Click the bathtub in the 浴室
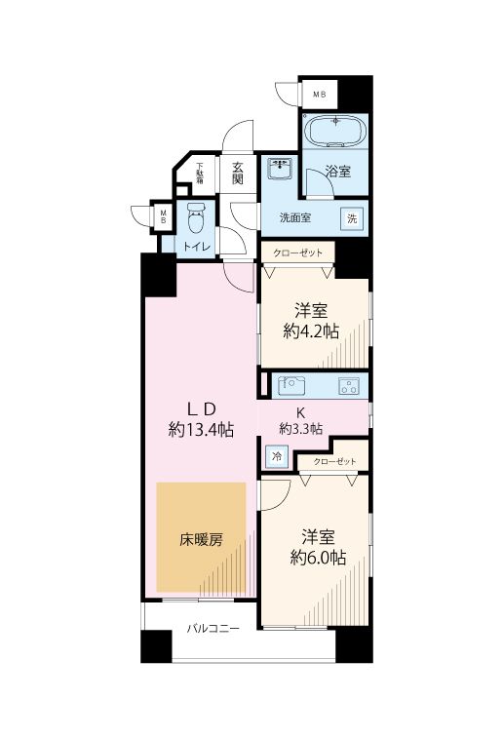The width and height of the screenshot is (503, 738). click(x=333, y=132)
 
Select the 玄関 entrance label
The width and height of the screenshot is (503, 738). click(x=238, y=173)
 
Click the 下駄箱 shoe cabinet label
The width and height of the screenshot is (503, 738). click(x=200, y=173)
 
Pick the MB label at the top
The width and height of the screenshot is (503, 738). click(x=319, y=94)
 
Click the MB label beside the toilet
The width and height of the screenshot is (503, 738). click(x=164, y=216)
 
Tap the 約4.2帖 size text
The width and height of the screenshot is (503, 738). click(x=312, y=331)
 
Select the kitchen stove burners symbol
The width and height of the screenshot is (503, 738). click(x=348, y=385)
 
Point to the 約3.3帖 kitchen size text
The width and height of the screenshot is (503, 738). click(x=301, y=428)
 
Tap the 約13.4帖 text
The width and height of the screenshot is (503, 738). click(x=201, y=429)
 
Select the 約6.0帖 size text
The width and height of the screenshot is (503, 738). click(x=317, y=558)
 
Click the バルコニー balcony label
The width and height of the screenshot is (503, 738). click(x=213, y=630)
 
